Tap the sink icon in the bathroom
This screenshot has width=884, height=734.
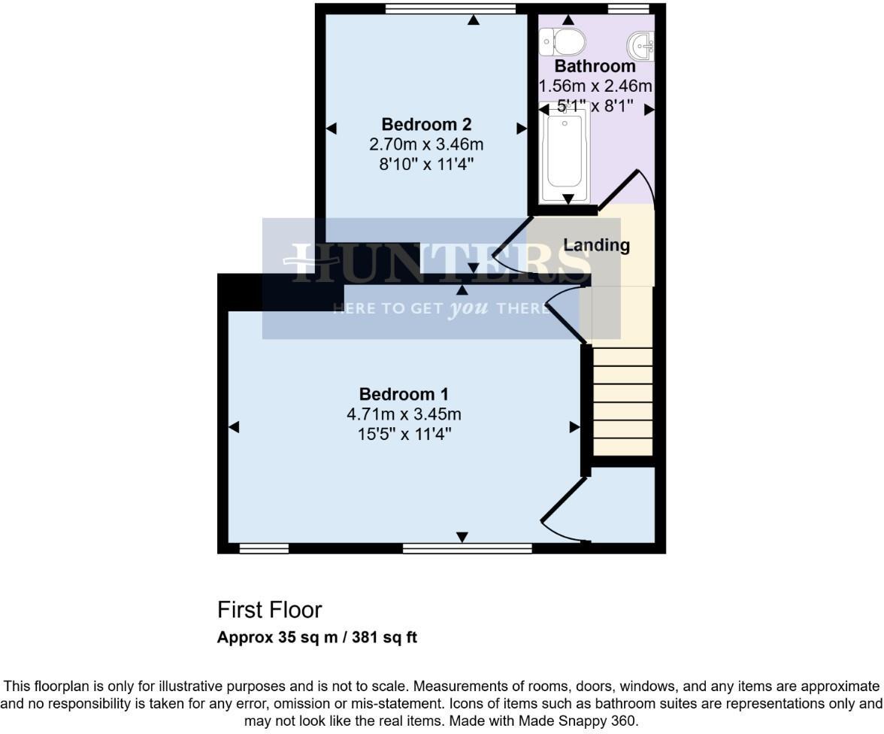640,46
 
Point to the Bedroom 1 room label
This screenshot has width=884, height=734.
404,394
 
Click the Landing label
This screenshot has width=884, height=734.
596,244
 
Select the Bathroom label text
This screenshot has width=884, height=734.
595,66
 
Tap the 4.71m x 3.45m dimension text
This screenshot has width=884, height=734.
404,414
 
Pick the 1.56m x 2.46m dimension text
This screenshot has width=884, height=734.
595,86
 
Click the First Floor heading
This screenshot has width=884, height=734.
269,609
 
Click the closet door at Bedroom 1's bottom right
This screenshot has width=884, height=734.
564,511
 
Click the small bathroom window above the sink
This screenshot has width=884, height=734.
628,9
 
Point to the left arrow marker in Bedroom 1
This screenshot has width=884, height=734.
233,427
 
